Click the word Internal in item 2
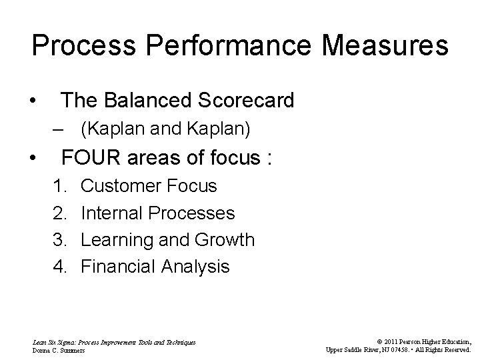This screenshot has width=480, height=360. pyautogui.click(x=111, y=213)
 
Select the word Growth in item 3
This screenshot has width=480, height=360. pyautogui.click(x=223, y=239)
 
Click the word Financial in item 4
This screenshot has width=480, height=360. pyautogui.click(x=118, y=267)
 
